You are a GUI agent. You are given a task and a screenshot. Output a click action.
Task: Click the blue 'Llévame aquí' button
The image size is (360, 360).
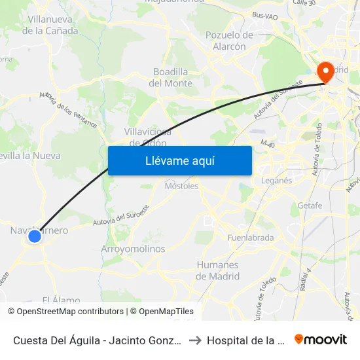179,160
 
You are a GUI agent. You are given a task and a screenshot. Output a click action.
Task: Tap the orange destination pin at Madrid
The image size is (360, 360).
324,71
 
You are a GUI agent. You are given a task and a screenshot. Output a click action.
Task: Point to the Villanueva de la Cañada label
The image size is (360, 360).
50,26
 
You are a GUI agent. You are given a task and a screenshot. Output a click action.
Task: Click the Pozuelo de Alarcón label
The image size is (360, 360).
229,41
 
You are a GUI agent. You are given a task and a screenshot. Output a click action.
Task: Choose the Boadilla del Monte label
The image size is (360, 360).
171,77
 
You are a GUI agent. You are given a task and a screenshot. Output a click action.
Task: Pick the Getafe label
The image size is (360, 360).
310,205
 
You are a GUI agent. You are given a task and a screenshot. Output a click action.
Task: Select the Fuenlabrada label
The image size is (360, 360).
250,238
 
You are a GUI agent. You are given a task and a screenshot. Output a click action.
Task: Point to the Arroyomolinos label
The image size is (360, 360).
133,249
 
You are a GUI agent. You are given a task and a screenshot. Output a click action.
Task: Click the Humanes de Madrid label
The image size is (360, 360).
217,270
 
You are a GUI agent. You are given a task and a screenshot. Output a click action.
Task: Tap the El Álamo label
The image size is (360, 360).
61,300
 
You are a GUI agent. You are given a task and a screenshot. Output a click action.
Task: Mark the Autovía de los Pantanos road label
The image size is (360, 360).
68,109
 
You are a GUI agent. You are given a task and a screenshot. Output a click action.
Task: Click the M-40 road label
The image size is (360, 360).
268,143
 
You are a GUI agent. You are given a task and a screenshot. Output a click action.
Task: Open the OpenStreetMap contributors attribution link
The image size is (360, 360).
67,312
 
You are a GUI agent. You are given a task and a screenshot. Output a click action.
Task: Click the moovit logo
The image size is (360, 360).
320,340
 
